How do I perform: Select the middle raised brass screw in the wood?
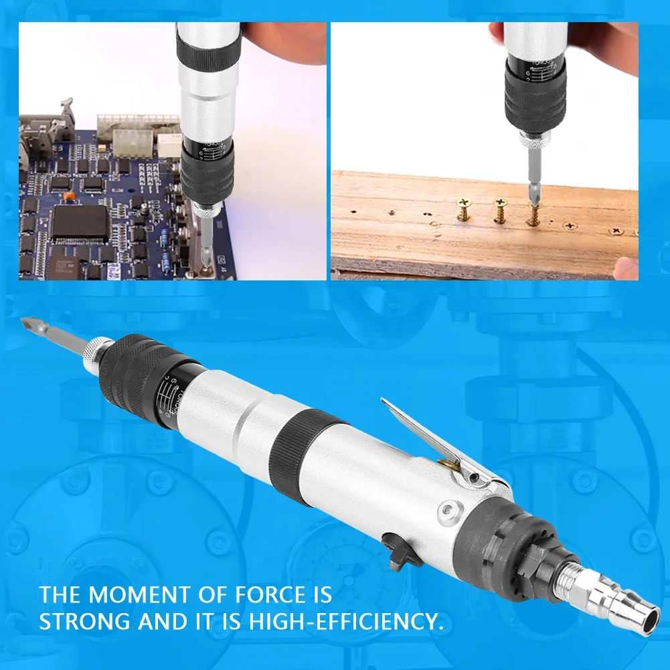coord(499,212)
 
